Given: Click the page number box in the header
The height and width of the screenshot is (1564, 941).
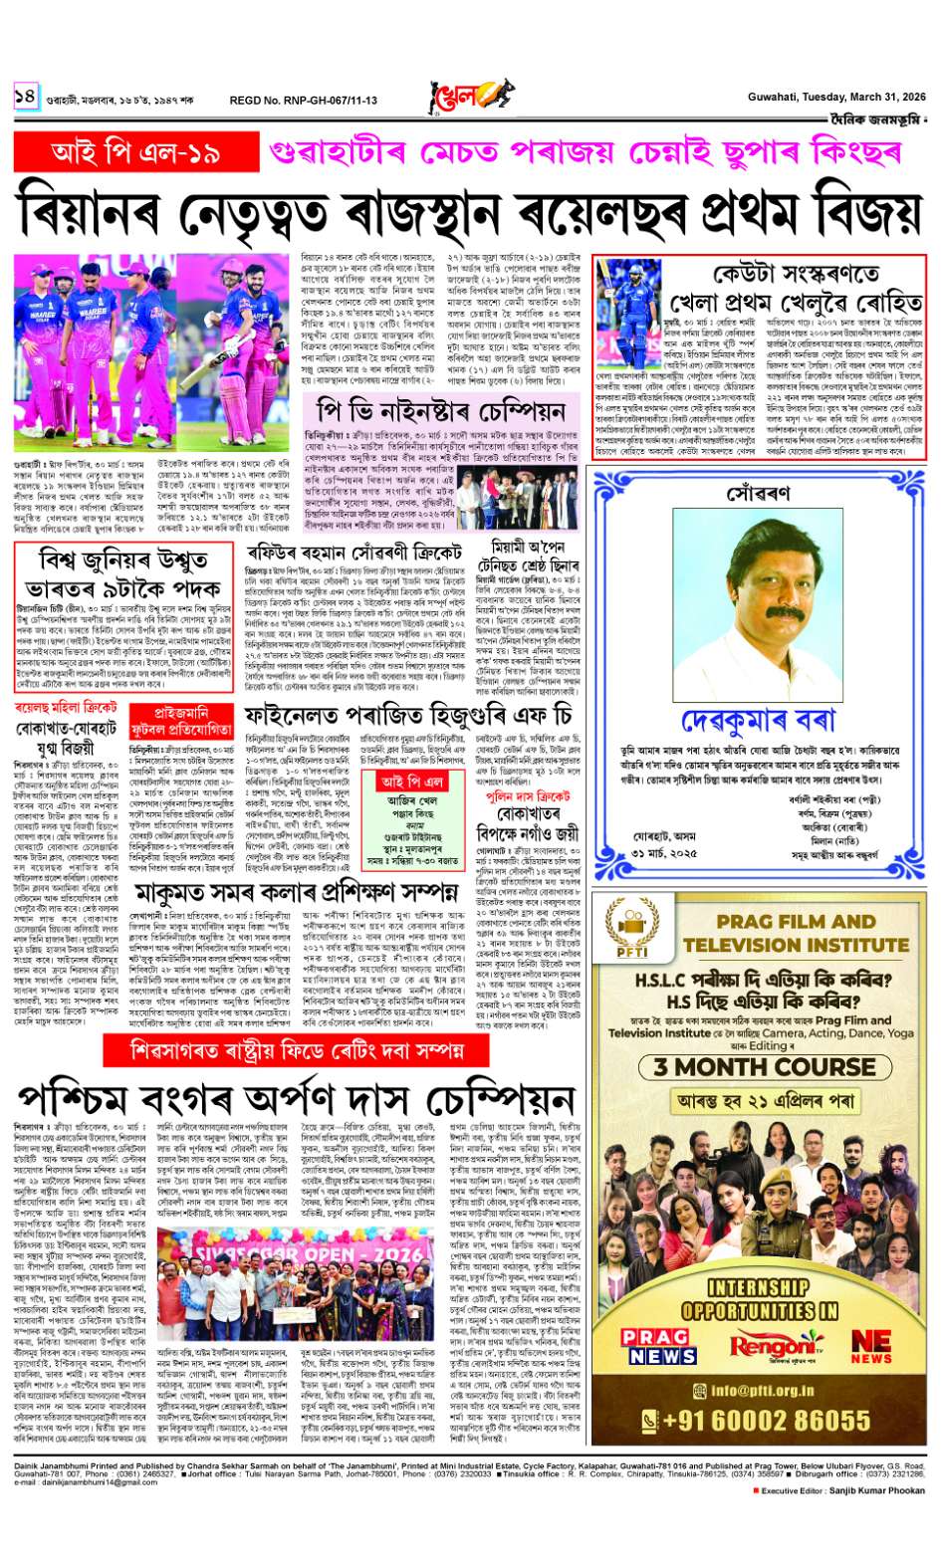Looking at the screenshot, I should [25, 97].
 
